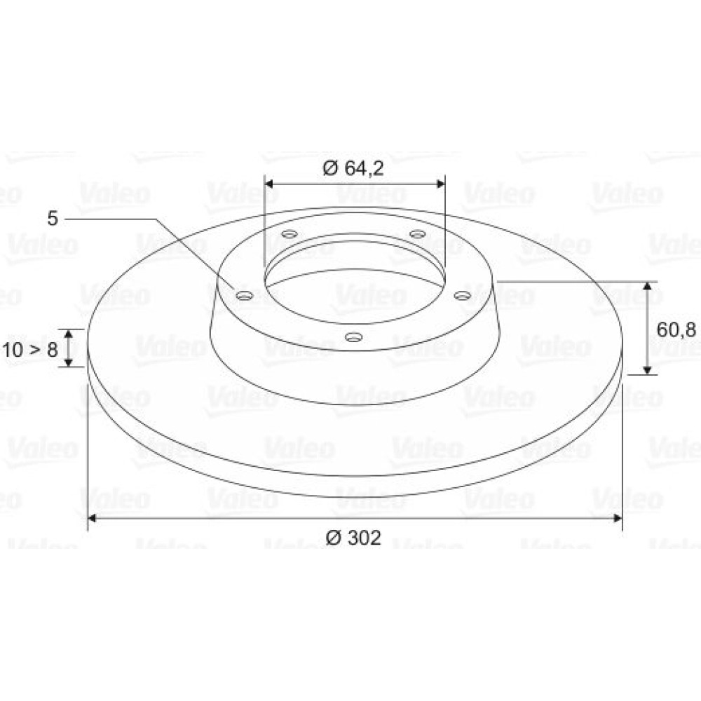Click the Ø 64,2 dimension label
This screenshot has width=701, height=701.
tap(353, 168)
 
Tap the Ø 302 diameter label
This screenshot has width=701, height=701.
tap(353, 538)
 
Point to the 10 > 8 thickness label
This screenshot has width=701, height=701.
tap(30, 349)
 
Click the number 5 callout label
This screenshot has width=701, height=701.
tap(53, 219)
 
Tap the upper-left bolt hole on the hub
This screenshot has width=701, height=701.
tap(290, 233)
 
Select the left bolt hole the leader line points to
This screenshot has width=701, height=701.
tap(244, 296)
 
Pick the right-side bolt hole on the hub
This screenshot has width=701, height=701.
tap(462, 296)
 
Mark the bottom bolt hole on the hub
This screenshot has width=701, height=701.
tap(353, 336)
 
